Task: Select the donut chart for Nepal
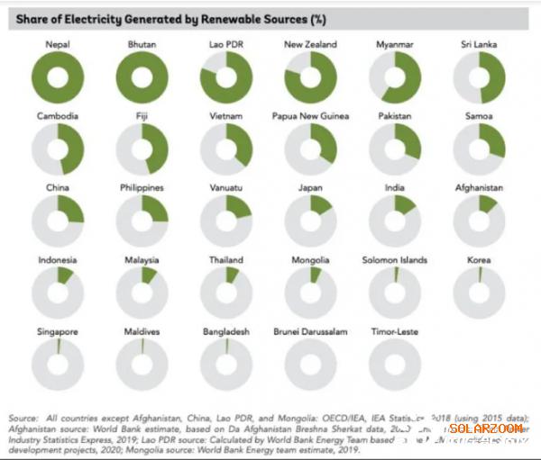58,77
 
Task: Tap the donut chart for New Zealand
310,77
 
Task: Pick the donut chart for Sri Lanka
480,77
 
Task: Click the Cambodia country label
58,116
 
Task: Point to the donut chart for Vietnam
226,149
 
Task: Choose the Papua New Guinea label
310,116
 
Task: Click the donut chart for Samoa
480,149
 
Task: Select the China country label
58,188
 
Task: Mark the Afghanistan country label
480,188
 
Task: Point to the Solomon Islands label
396,260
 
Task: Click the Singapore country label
58,332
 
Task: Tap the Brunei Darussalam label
310,332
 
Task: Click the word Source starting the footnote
23,419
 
